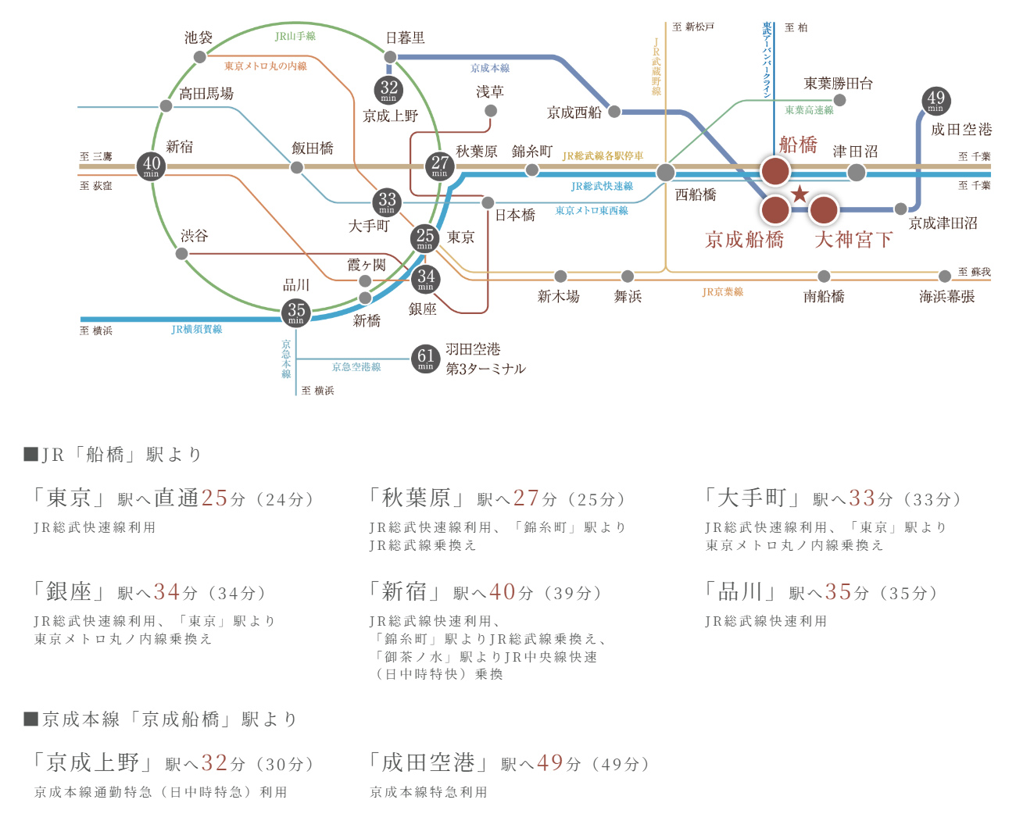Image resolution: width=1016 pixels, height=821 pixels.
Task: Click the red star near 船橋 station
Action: tap(800, 194)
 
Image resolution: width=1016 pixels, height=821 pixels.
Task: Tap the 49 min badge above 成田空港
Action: tap(936, 100)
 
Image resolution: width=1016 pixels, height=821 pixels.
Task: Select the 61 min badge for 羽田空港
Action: tap(425, 359)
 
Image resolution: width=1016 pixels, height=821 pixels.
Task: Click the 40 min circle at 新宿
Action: tap(152, 166)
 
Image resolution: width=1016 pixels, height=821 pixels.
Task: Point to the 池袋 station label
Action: tap(199, 37)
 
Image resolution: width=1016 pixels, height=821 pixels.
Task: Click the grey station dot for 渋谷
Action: tap(181, 254)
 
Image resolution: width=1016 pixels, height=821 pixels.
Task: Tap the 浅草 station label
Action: tap(490, 92)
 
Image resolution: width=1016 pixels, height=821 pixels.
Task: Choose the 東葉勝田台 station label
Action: tap(838, 84)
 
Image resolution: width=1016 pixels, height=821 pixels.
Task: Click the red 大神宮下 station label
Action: tap(853, 240)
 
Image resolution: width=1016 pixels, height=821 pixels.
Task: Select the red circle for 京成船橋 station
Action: tap(775, 209)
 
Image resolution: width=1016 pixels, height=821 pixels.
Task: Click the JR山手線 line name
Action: tap(295, 37)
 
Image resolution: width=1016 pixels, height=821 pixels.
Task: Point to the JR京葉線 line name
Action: tap(723, 292)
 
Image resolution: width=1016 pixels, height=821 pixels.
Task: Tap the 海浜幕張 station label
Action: tap(946, 297)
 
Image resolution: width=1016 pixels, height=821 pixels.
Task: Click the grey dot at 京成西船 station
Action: tap(614, 112)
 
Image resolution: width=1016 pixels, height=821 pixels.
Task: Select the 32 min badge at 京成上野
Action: tap(388, 90)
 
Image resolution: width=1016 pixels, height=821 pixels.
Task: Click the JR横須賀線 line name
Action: tap(197, 330)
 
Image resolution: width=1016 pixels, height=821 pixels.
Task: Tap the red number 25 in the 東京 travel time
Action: tap(214, 498)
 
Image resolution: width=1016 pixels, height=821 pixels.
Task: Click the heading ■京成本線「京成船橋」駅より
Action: tap(161, 719)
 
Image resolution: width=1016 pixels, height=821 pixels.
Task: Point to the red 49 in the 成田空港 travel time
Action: tap(550, 762)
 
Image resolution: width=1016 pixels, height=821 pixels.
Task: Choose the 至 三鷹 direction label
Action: tap(96, 157)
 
